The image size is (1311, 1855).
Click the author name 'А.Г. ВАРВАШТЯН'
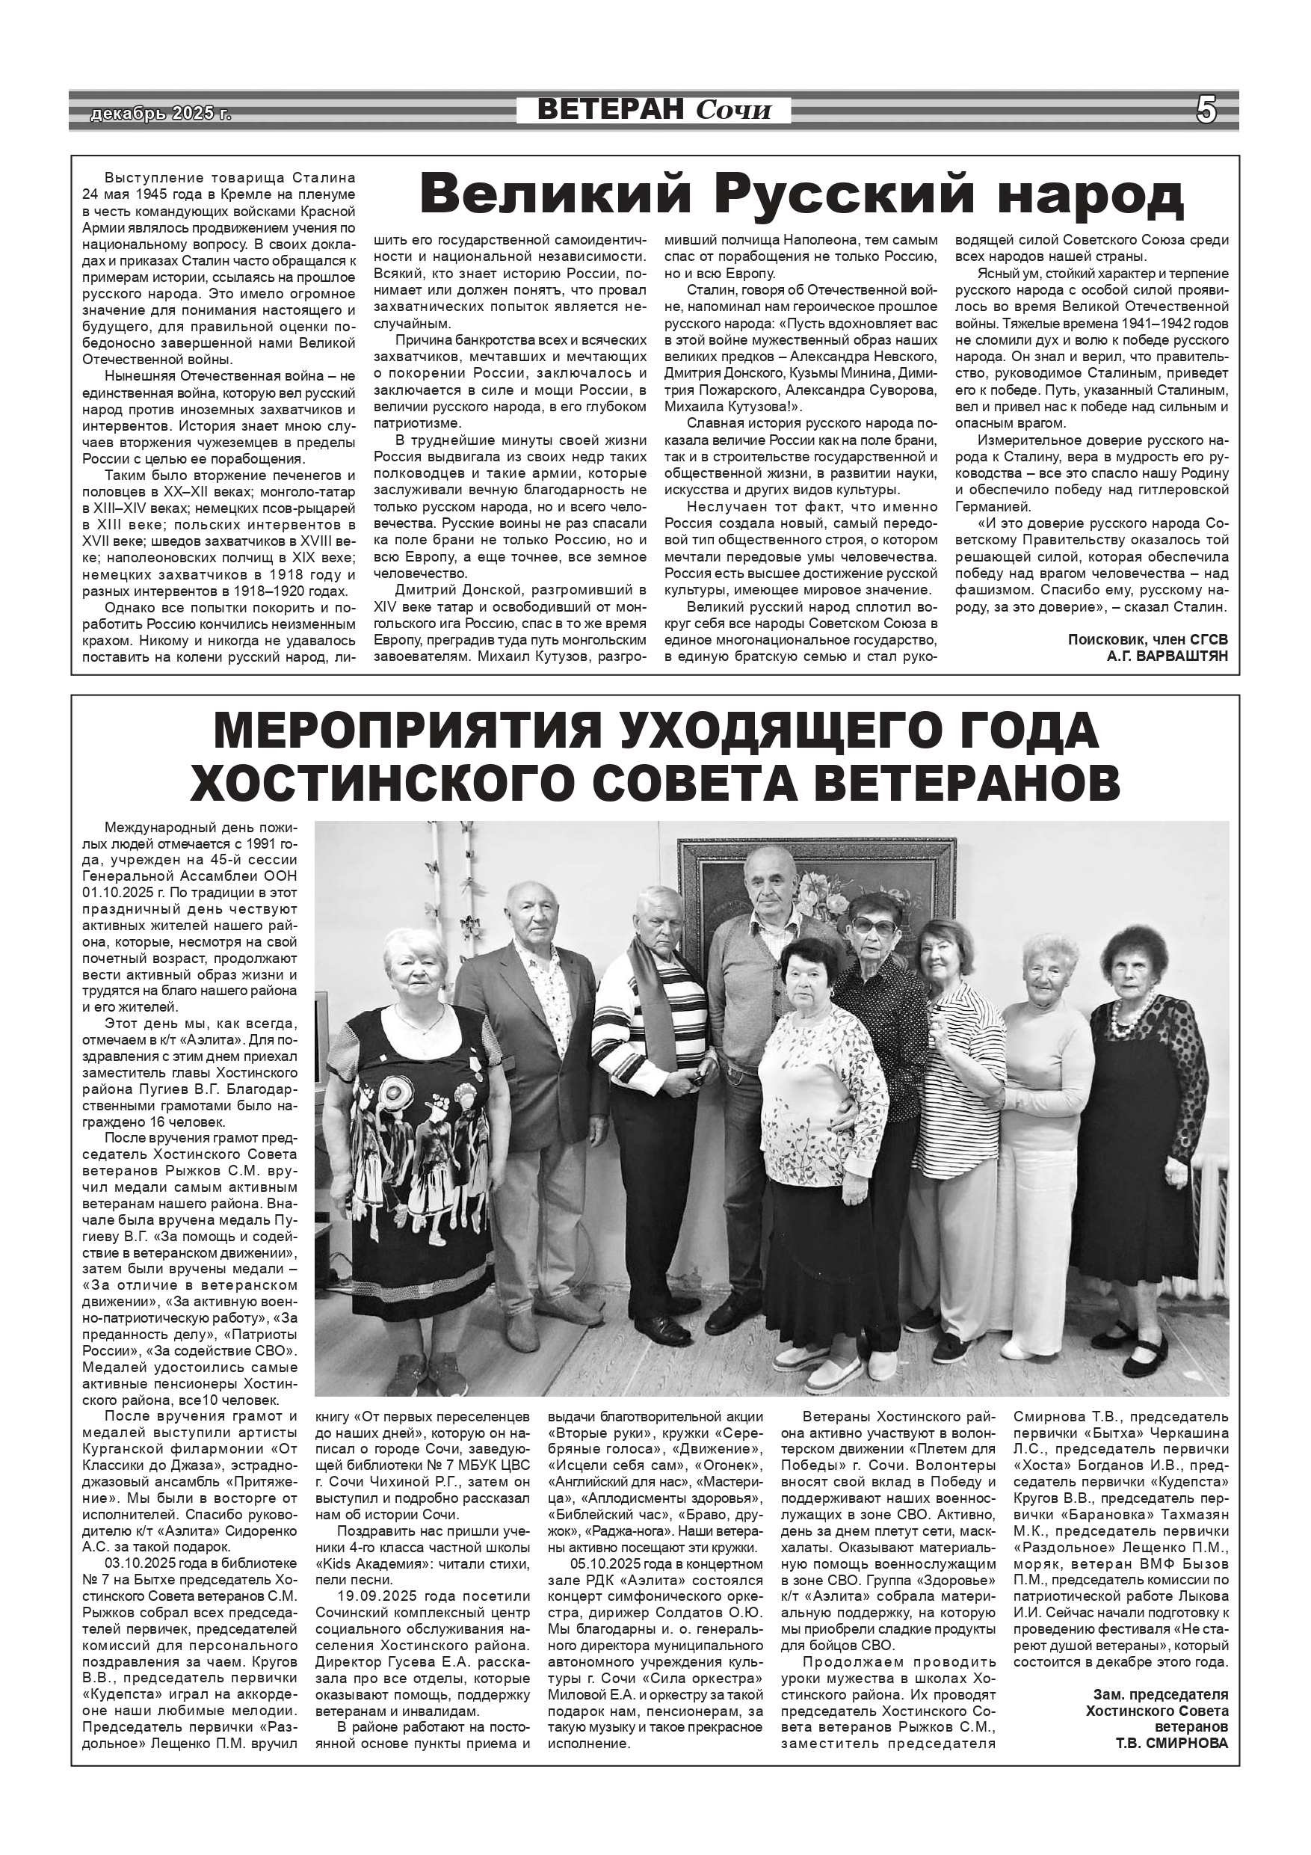click(1167, 656)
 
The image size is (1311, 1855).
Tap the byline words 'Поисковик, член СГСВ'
click(1147, 639)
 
